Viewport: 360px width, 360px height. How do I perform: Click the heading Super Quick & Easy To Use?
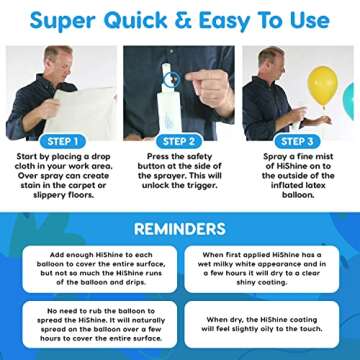[x=179, y=19]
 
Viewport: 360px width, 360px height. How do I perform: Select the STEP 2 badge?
[x=180, y=141]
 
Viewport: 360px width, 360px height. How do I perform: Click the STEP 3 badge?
[x=300, y=141]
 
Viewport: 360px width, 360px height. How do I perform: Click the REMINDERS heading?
[x=180, y=227]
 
